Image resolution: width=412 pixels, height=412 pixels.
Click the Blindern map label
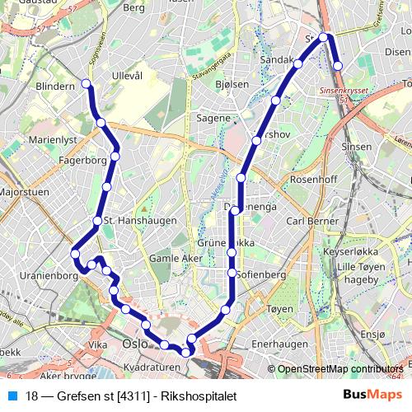(x=54, y=85)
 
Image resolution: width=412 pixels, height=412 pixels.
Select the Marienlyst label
(x=53, y=141)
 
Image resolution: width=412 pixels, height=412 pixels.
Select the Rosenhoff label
(x=315, y=180)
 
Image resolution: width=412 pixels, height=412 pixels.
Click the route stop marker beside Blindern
(x=87, y=83)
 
